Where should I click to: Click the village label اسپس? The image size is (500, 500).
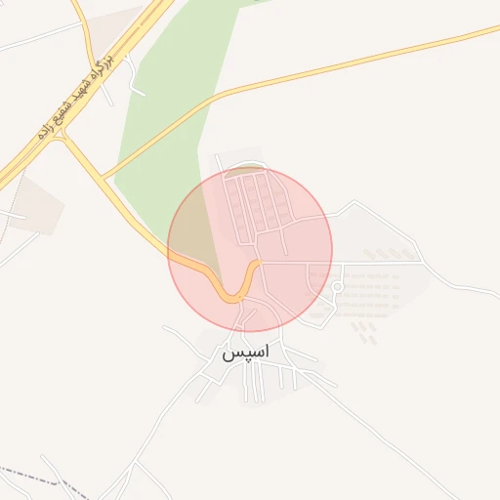[246, 353]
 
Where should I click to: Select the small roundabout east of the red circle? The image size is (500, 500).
[337, 286]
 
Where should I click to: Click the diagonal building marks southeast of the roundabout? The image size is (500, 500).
[364, 332]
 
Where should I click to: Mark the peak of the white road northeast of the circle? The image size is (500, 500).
[354, 202]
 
